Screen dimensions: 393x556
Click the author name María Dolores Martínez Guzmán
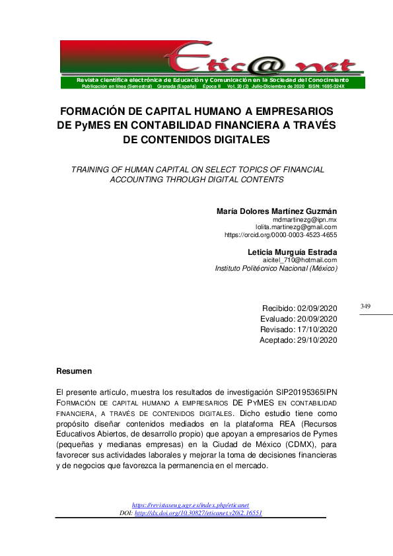pos(277,211)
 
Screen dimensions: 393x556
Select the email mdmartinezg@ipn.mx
pos(305,219)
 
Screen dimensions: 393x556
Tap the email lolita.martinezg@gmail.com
pos(297,227)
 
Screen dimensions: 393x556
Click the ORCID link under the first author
pos(281,234)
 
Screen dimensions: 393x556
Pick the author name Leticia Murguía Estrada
pos(292,252)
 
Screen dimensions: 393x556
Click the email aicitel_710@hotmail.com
pos(300,260)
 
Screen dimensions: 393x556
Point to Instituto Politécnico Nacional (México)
pos(276,269)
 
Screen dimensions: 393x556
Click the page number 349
pos(366,306)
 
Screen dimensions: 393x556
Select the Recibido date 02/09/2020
pos(318,308)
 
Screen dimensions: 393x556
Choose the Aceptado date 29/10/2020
pos(318,339)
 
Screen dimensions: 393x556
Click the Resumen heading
pos(74,371)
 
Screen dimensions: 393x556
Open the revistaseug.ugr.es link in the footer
pos(192,504)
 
